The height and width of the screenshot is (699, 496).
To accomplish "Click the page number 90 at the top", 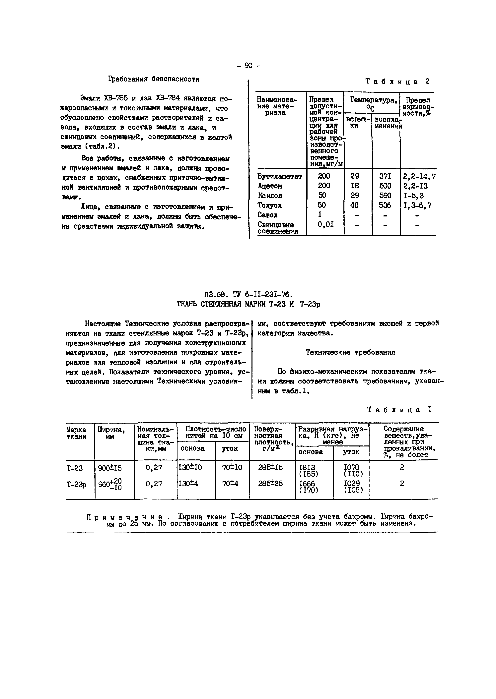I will tap(248, 65).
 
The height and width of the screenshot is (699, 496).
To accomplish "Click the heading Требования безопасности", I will tap(153, 79).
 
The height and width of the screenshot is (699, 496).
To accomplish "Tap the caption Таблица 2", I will tap(397, 82).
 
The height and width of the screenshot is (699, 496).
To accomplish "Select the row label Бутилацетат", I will tap(279, 176).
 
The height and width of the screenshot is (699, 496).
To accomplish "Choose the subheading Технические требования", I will tap(350, 353).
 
